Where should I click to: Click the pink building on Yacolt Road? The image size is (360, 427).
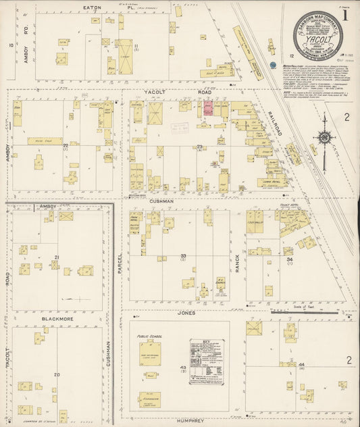click(x=208, y=109)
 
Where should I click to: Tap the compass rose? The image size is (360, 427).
click(x=324, y=139)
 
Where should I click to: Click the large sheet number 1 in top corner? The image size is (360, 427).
click(x=345, y=15)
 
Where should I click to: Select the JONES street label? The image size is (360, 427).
click(x=187, y=313)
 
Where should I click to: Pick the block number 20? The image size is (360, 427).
click(x=57, y=374)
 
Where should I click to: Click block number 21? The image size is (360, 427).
click(x=57, y=257)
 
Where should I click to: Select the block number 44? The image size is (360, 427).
click(x=301, y=364)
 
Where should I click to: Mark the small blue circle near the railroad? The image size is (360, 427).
click(x=273, y=66)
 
